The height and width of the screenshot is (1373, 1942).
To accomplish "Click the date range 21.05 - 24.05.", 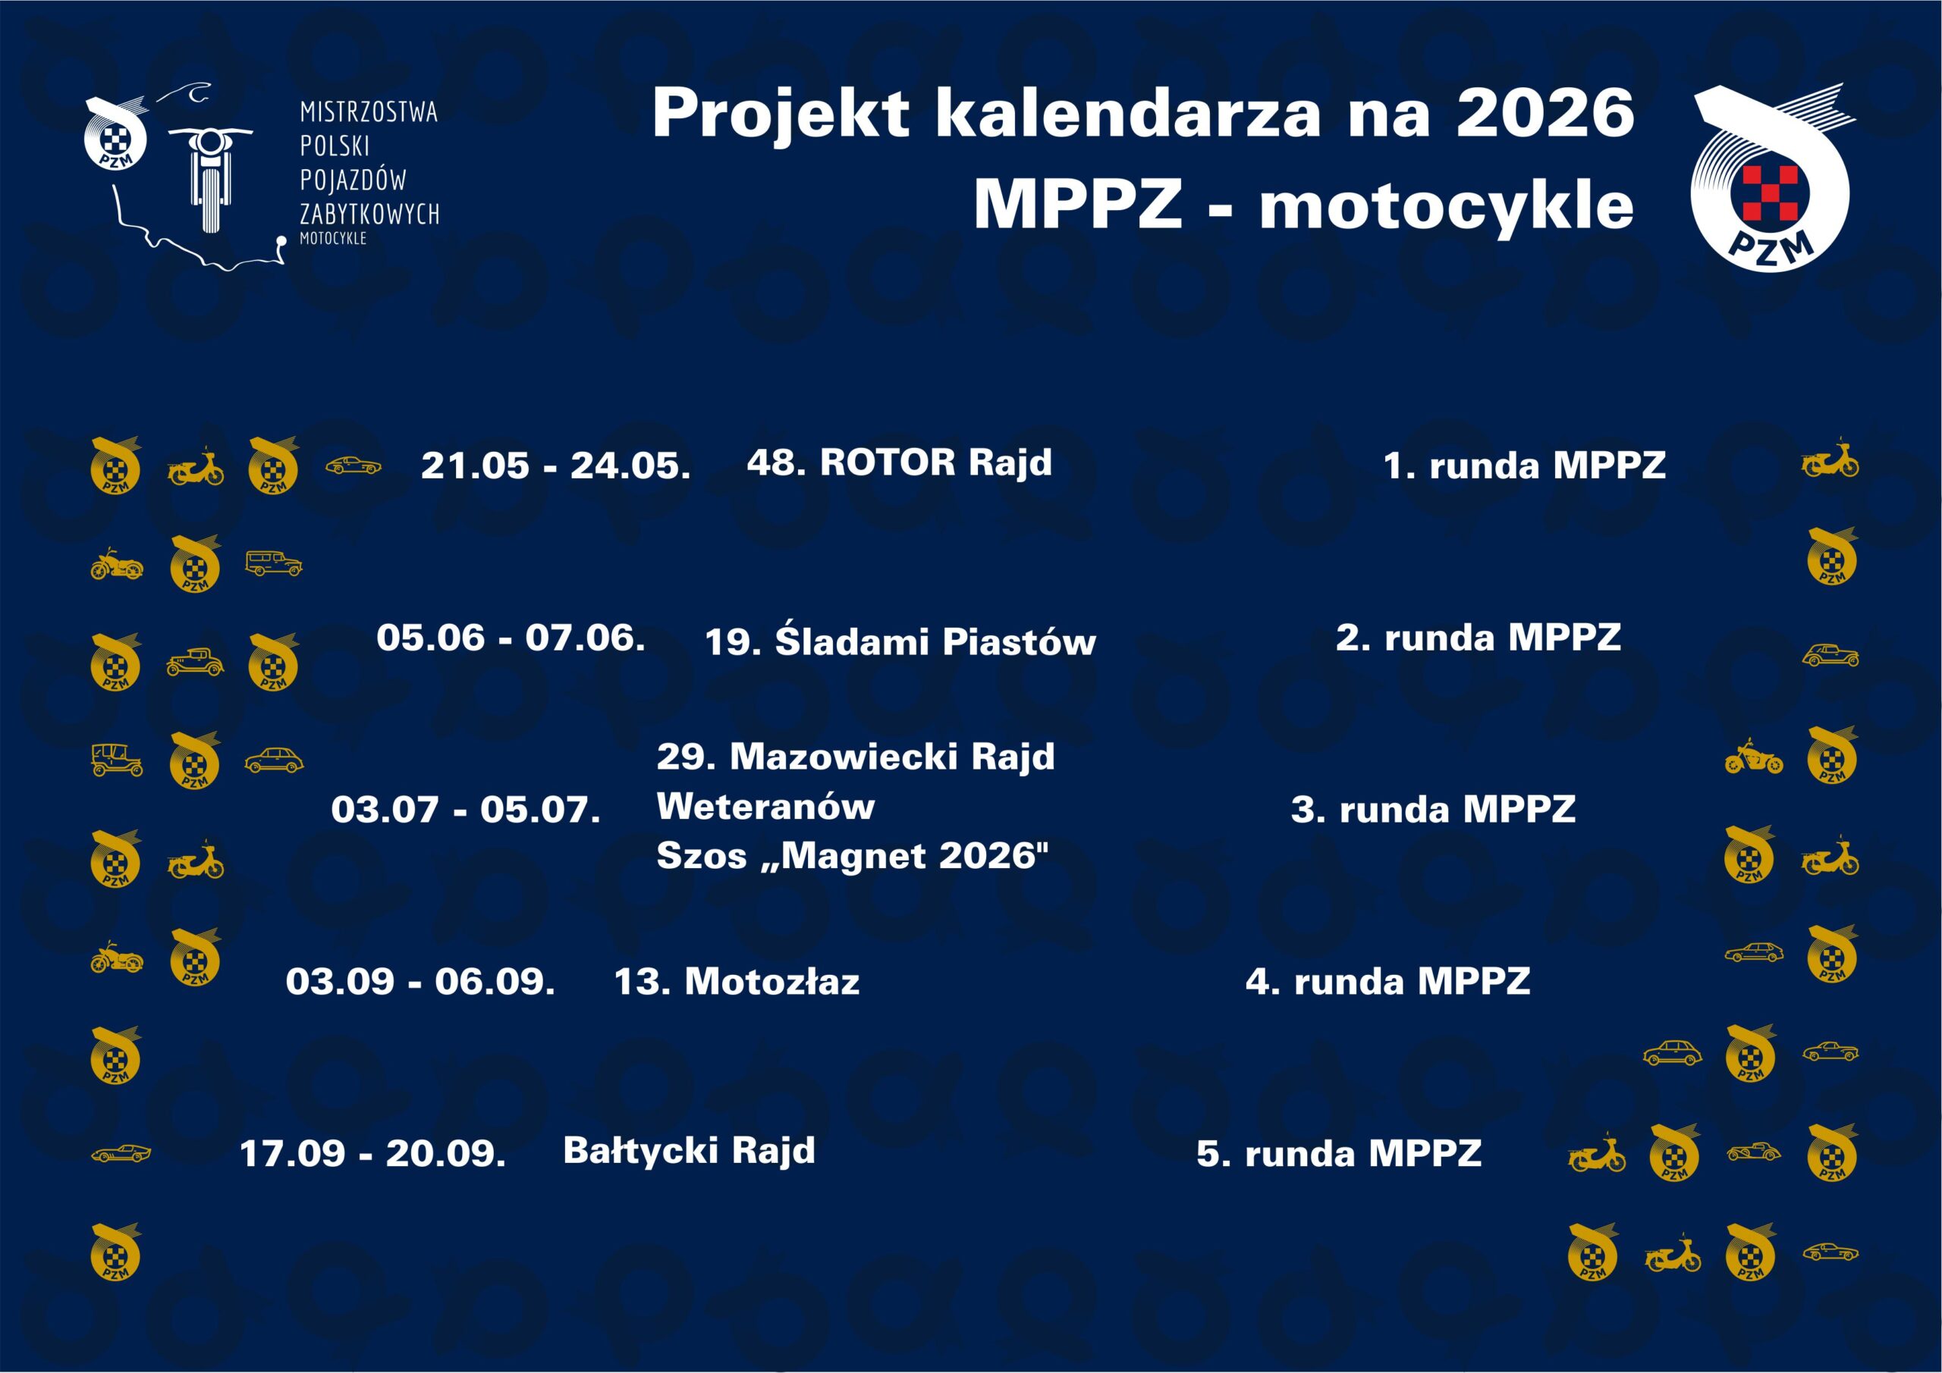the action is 556,466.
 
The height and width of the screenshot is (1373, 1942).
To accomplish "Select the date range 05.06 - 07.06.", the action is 511,638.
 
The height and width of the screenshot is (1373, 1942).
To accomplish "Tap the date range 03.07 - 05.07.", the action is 466,810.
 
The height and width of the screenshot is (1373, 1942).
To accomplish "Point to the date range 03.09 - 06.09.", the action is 420,982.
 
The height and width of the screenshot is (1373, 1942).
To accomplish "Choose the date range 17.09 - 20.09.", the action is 373,1154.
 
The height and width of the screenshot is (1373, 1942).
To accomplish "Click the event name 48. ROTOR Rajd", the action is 900,463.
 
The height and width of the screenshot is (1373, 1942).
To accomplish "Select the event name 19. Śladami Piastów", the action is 900,640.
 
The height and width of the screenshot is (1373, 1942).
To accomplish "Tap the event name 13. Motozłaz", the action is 737,982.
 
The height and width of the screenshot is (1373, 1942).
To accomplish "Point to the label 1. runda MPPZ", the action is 1524,466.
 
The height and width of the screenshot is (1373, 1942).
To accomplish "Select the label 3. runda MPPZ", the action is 1434,810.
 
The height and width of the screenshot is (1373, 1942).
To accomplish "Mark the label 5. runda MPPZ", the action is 1339,1154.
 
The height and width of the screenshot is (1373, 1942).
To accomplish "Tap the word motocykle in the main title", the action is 1447,208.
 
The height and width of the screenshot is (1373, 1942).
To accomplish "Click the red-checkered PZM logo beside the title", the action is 1771,177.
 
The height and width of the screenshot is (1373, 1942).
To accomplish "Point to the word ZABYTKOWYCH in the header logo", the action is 369,214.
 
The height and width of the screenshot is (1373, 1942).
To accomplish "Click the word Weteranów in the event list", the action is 765,806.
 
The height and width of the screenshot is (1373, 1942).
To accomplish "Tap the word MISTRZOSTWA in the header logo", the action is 369,111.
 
